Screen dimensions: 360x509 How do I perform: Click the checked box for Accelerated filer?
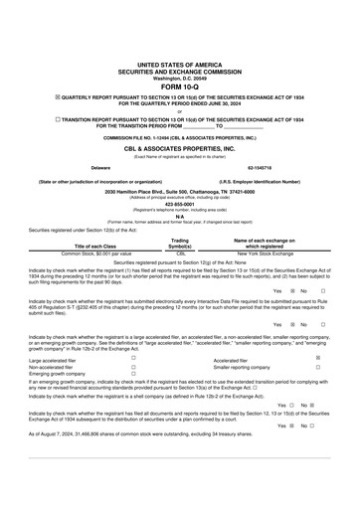coord(317,358)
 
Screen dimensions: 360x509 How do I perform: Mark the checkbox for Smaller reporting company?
coord(317,367)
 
